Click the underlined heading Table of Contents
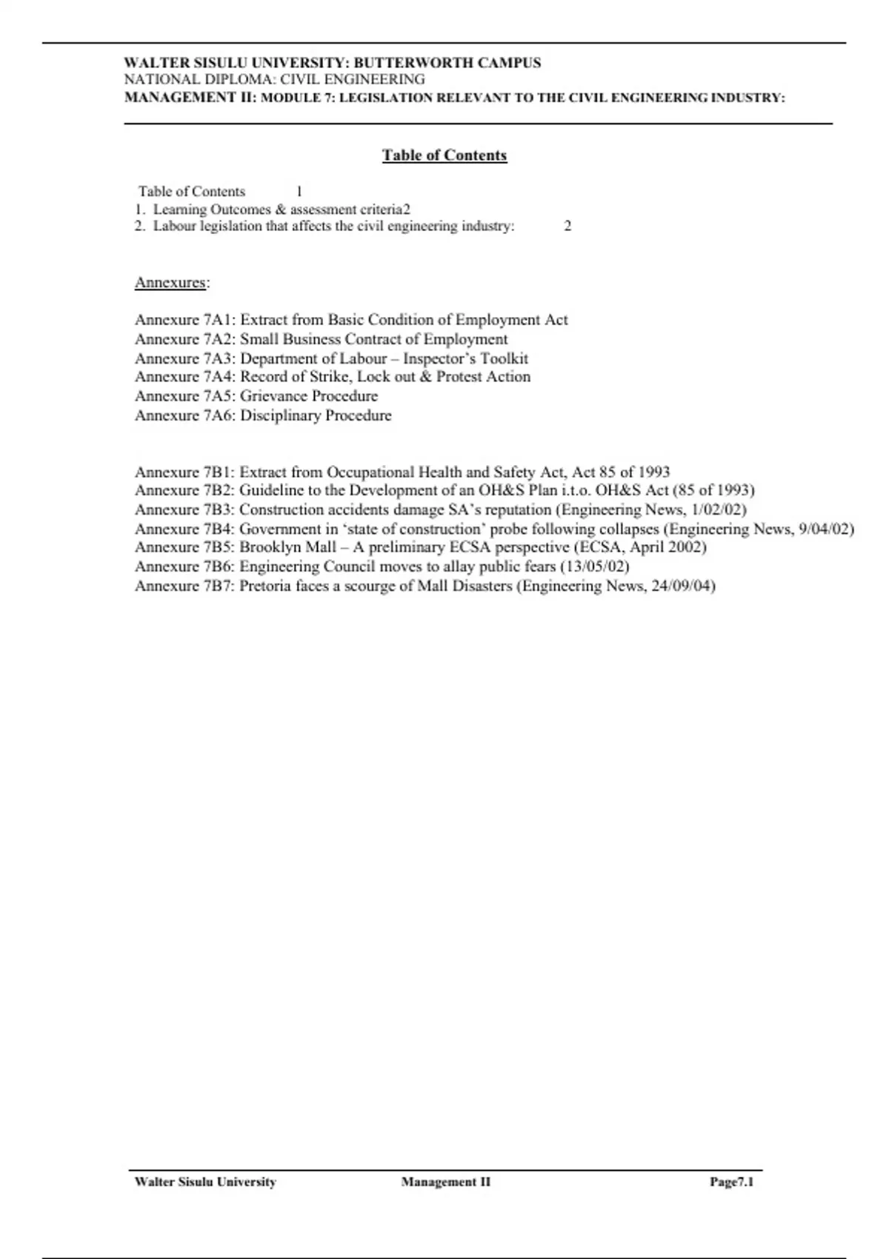coord(444,156)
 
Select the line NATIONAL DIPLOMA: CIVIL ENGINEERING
coord(274,79)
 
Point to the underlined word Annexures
coord(170,282)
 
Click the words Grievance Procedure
coord(308,396)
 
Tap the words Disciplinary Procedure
coord(316,415)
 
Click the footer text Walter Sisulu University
coord(205,1182)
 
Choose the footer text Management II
coord(445,1182)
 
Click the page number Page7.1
coord(731,1182)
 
